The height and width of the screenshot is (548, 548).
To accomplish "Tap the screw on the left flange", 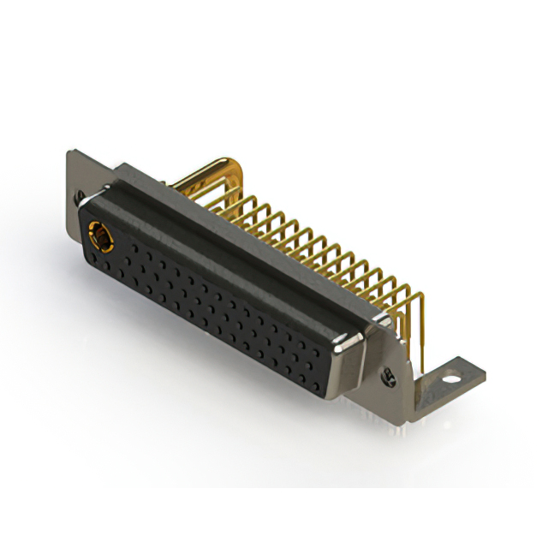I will (81, 196).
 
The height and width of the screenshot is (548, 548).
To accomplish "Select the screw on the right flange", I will (390, 375).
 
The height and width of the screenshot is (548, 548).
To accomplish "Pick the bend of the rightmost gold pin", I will (419, 296).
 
